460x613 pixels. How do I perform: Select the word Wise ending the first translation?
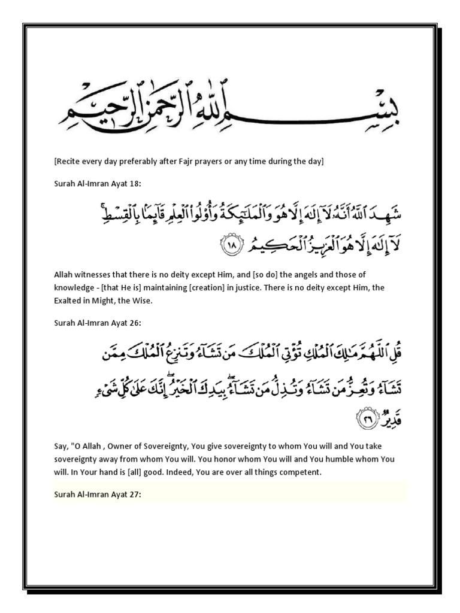[144, 301]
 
